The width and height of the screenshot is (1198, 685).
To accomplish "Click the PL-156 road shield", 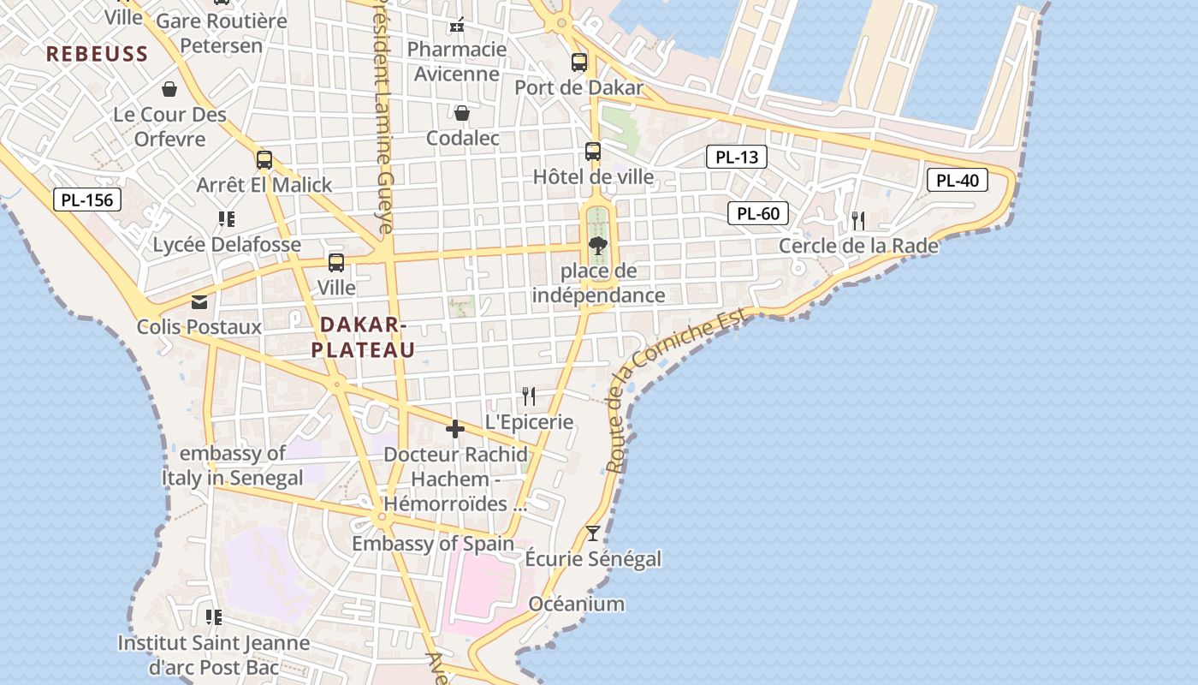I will click(87, 200).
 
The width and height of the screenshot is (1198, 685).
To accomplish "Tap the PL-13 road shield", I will click(736, 157).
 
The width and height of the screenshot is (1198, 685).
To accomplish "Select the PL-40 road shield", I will click(958, 181).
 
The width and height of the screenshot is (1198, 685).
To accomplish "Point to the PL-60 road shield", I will click(757, 213).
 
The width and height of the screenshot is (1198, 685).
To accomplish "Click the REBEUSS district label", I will click(98, 54).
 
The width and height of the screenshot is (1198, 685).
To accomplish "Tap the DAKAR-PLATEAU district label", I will click(363, 337).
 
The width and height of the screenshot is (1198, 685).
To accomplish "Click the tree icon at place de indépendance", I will click(598, 247).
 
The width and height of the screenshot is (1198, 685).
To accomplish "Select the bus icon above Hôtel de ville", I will click(593, 152).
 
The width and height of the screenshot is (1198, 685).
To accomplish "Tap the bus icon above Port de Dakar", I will click(579, 62).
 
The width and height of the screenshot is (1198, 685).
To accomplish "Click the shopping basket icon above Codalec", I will click(461, 113).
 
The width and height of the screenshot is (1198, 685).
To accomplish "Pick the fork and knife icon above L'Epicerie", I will click(529, 396).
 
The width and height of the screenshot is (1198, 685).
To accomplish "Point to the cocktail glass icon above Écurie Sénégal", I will click(592, 533).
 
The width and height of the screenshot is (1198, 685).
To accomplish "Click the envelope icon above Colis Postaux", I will click(199, 301).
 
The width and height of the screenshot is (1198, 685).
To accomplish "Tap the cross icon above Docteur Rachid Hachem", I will click(455, 428).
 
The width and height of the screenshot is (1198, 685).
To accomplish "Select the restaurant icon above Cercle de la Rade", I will click(858, 221).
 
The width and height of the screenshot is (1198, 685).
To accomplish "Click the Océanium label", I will click(576, 604).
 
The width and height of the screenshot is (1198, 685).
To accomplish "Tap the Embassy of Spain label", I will click(433, 544).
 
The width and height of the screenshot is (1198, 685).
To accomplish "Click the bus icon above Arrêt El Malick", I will click(264, 159).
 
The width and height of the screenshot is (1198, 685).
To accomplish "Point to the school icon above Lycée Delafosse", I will click(227, 219).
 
